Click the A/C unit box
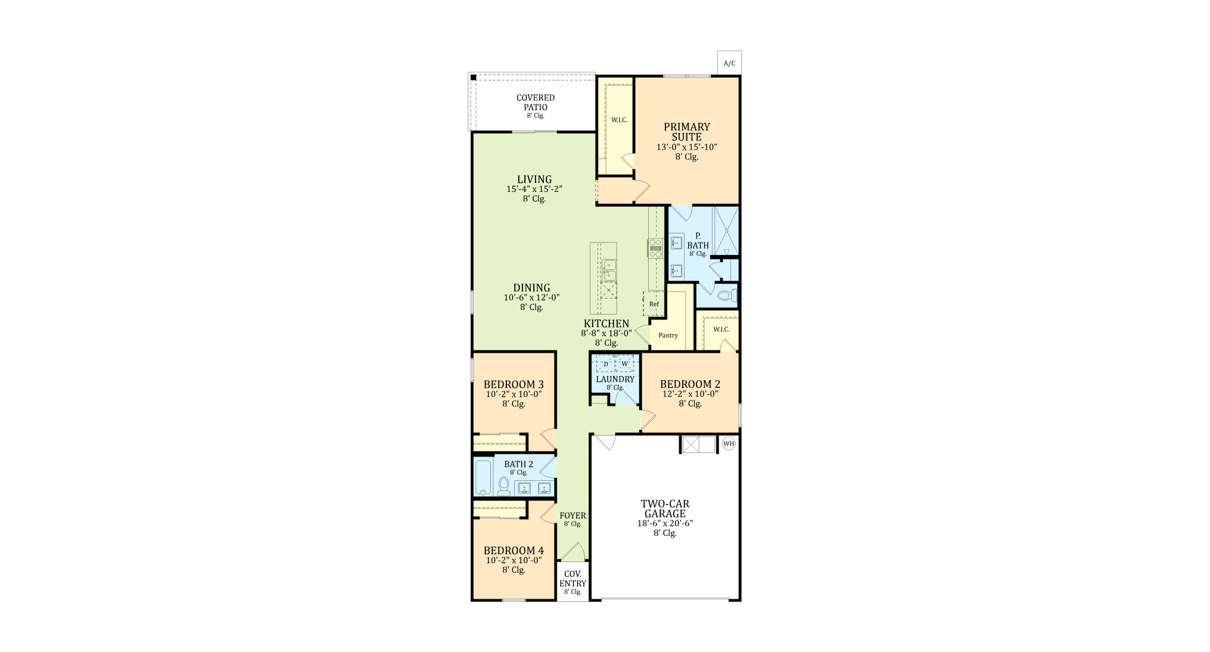729,63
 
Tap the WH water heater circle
729,443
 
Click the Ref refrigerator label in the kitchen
654,304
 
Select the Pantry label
668,335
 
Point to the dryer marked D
606,364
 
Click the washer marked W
624,364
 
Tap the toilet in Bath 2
504,485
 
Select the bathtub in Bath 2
483,477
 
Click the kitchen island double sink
609,270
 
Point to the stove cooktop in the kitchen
655,248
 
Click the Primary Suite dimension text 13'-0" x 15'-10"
687,147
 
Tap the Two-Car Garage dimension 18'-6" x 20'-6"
665,523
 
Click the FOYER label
573,516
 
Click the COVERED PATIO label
536,103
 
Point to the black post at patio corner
472,77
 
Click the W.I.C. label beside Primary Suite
619,120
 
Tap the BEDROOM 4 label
514,551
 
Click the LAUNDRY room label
615,379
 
